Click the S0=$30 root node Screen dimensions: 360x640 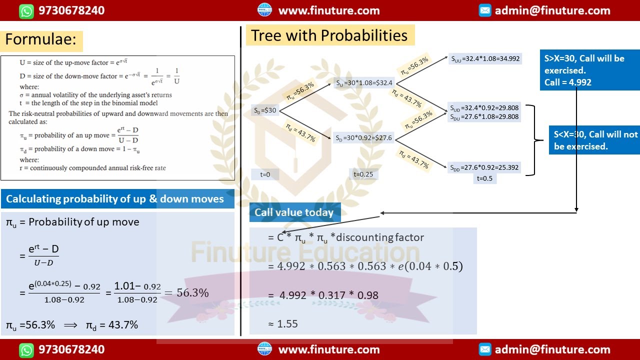[x=265, y=110]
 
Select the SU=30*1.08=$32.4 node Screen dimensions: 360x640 [x=364, y=83]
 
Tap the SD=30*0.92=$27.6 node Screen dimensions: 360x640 [x=363, y=138]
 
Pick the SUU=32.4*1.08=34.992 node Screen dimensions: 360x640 [x=485, y=58]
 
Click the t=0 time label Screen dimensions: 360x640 [x=265, y=174]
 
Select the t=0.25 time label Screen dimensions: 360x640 [x=363, y=174]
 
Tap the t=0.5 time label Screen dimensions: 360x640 [x=484, y=178]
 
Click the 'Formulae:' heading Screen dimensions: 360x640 [x=41, y=39]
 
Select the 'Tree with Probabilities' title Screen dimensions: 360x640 [x=329, y=35]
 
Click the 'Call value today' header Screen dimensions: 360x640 [x=294, y=212]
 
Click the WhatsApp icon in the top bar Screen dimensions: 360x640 [x=26, y=10]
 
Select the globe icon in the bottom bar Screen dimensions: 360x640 [x=264, y=349]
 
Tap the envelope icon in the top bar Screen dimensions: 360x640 [x=485, y=10]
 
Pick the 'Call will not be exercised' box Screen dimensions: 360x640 [x=594, y=140]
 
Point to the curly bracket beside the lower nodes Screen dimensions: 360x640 [x=532, y=140]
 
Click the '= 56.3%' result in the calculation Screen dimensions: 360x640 [x=186, y=293]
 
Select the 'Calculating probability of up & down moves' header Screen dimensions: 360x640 [x=117, y=199]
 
